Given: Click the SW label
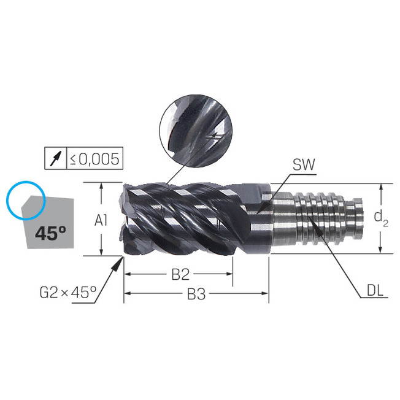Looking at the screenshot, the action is coord(304,164).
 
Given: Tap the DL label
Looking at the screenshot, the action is coord(375,290).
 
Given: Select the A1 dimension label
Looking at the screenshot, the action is coord(101,220).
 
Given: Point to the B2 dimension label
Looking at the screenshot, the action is coord(180,274).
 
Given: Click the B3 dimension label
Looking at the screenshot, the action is coord(196,294).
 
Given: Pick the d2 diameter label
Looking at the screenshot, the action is coord(381,218).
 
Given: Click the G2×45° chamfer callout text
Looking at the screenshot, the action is coord(68,293).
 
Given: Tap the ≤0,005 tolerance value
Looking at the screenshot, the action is coord(94,159).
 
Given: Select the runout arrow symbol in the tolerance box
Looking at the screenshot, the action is coord(56,158).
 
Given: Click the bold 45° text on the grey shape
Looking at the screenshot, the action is coord(50,233).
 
